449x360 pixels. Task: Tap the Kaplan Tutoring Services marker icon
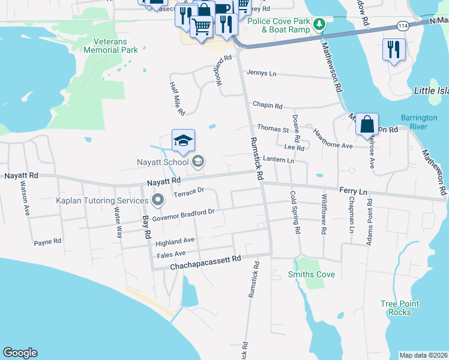[x=158, y=200]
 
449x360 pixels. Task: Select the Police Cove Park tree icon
[x=320, y=25]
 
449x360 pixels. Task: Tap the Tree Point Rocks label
[x=396, y=308]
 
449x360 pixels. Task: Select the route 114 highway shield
[x=403, y=25]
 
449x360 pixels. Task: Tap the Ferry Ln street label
[x=353, y=191]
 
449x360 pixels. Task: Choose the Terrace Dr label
[x=188, y=193]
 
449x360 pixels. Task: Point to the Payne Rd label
[x=47, y=242]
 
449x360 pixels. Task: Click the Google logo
[x=20, y=353]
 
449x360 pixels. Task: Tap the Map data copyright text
[x=424, y=355]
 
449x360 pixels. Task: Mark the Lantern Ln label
[x=279, y=160]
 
